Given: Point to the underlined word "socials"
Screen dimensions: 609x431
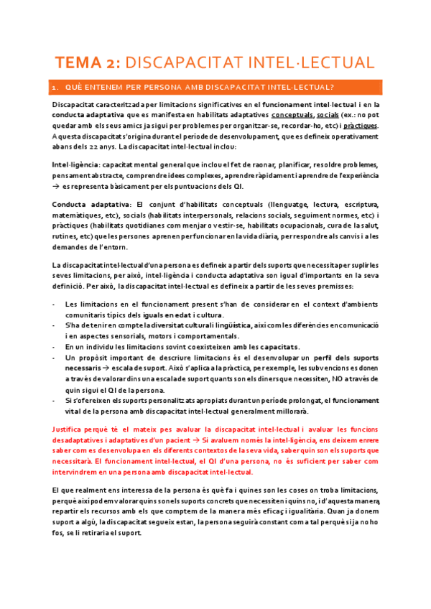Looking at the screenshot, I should point(328,116).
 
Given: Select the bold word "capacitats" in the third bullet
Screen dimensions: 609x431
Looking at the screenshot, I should point(279,346).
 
